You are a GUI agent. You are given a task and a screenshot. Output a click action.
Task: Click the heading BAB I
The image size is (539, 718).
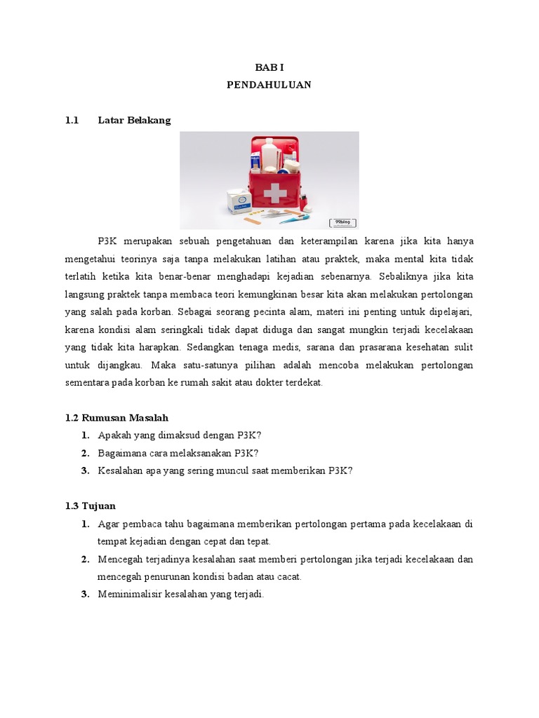click(269, 67)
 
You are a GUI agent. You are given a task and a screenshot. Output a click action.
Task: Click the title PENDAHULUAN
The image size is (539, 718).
click(269, 84)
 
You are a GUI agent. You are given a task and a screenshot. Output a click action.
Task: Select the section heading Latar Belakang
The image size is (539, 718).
click(134, 120)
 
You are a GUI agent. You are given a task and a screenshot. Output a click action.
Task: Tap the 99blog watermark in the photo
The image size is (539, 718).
click(342, 222)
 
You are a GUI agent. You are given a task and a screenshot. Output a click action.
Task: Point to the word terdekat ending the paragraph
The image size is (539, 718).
click(305, 383)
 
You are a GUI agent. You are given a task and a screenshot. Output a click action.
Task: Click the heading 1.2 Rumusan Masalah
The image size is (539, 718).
click(116, 417)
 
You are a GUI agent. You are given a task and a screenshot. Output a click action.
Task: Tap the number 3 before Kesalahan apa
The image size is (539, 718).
click(84, 470)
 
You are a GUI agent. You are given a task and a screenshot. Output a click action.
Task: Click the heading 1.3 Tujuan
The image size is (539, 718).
click(90, 506)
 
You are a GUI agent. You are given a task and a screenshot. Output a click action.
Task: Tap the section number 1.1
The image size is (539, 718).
click(72, 120)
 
